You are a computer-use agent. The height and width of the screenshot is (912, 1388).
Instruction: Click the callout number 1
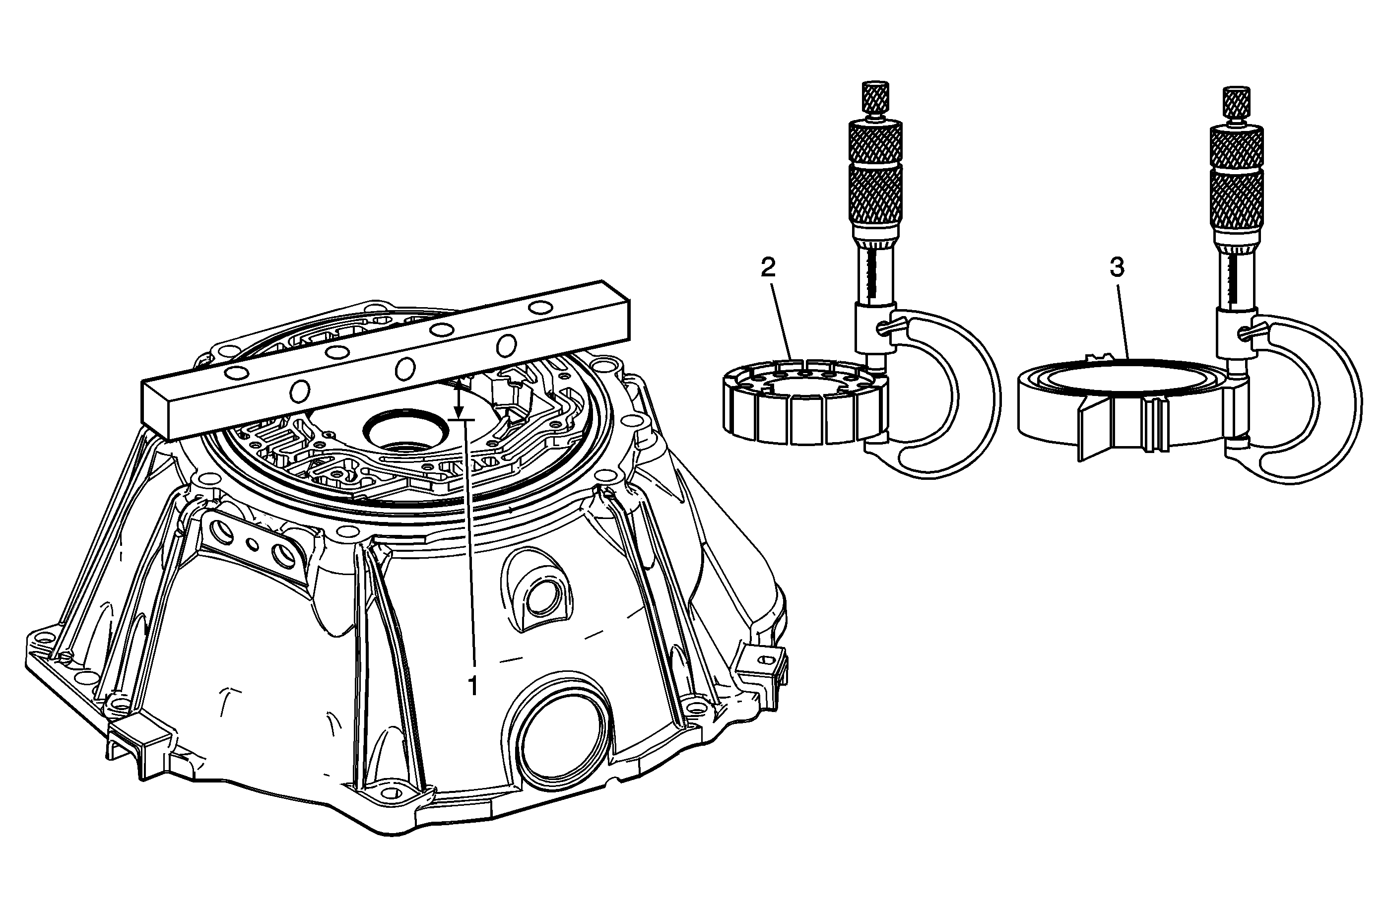473,686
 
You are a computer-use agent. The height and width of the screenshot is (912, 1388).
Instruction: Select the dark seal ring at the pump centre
406,430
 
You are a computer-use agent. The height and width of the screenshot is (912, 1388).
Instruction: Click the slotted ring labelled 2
805,402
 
